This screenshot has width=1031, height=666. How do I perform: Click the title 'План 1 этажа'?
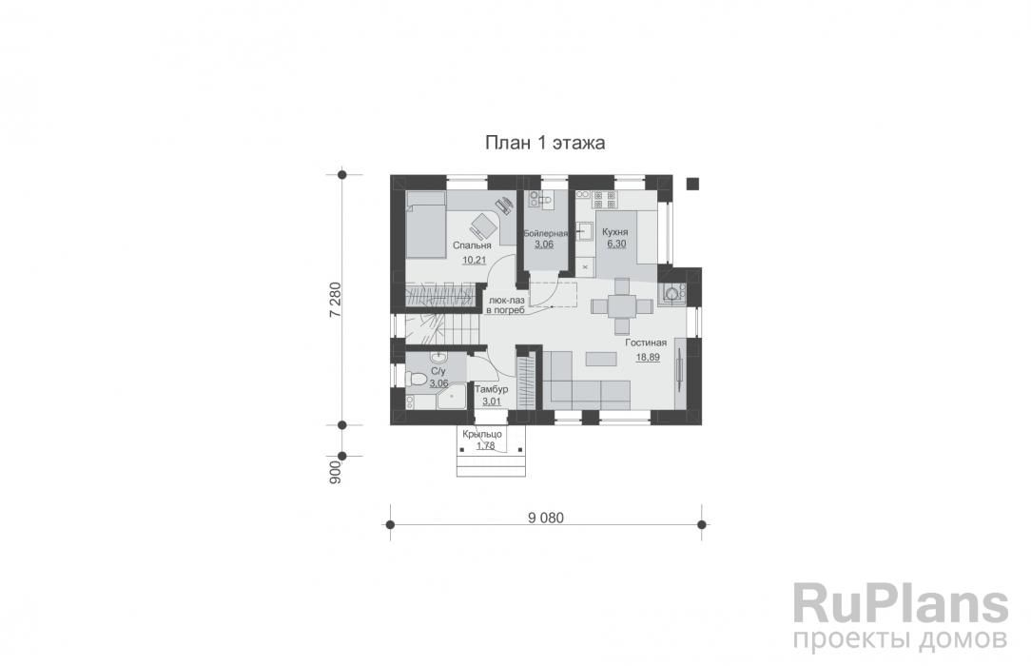[545, 143]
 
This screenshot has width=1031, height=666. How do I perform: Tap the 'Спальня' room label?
[472, 245]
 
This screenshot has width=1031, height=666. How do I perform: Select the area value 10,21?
[474, 260]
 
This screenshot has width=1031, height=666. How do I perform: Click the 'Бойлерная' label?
[545, 233]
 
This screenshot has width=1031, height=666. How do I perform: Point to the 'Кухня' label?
[614, 232]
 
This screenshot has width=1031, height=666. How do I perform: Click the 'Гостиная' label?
[646, 343]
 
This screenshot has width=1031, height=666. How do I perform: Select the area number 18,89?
[648, 357]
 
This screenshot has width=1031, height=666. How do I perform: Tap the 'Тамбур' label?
[491, 389]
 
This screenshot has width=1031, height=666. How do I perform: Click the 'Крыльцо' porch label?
[482, 434]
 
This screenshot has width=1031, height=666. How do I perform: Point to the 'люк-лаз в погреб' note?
[505, 304]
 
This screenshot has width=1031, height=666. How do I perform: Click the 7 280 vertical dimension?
[335, 301]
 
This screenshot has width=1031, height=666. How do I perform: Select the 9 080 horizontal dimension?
[546, 519]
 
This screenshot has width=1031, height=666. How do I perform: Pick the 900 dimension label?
[335, 473]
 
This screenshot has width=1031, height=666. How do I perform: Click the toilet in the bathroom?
[417, 380]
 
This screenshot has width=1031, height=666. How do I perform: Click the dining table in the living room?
[621, 306]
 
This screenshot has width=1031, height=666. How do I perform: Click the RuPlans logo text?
[900, 604]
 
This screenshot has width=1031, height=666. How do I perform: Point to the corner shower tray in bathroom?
[453, 397]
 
